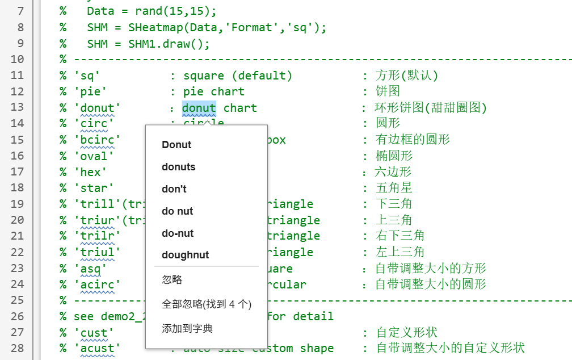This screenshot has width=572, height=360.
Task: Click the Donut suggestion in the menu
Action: [176, 145]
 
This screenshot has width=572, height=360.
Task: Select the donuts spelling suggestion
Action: [178, 167]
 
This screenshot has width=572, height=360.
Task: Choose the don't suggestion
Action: [174, 189]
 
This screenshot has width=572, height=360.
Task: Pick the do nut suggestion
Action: [177, 211]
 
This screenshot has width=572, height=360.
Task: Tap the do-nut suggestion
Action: [178, 233]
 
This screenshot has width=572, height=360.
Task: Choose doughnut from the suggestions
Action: [185, 256]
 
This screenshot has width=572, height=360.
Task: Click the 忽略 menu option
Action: [172, 280]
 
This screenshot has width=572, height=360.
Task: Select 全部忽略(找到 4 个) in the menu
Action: [207, 304]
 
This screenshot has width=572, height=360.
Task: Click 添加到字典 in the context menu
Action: [187, 329]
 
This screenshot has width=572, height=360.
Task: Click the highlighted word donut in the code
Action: [199, 108]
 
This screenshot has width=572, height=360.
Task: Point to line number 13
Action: [17, 107]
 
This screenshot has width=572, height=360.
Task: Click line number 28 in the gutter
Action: [17, 348]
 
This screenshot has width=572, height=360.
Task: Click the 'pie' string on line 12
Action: [90, 91]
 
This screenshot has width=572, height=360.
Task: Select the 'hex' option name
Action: [90, 171]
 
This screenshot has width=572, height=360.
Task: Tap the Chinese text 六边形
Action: [393, 171]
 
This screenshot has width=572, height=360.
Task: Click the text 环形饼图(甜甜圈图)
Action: [431, 108]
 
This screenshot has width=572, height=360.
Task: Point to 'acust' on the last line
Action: [97, 348]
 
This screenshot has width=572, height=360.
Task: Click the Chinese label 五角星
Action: [393, 187]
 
